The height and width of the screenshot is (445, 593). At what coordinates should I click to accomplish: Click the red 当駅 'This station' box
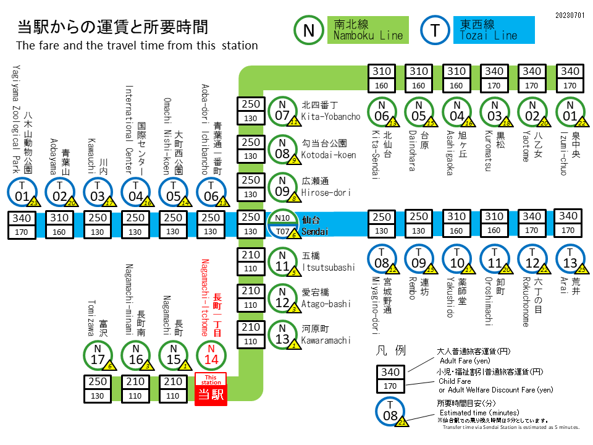(211, 389)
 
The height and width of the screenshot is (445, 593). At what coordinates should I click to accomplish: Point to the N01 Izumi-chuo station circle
(571, 111)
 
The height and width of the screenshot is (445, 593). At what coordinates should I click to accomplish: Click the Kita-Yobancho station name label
(330, 111)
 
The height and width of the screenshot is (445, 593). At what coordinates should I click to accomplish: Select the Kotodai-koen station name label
(329, 149)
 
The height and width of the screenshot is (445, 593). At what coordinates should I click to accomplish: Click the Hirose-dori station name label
(326, 187)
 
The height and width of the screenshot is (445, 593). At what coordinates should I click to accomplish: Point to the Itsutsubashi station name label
(328, 261)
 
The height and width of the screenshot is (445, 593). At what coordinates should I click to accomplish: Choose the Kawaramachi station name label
(326, 335)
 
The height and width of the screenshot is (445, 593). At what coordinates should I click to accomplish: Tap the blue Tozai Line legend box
(497, 30)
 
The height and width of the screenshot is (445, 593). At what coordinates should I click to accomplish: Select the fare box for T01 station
(22, 224)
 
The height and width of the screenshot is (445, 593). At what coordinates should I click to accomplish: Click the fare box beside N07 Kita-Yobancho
(251, 111)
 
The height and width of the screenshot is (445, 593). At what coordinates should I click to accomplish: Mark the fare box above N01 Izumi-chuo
(571, 78)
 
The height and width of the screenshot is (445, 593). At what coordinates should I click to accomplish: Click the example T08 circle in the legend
(391, 411)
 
